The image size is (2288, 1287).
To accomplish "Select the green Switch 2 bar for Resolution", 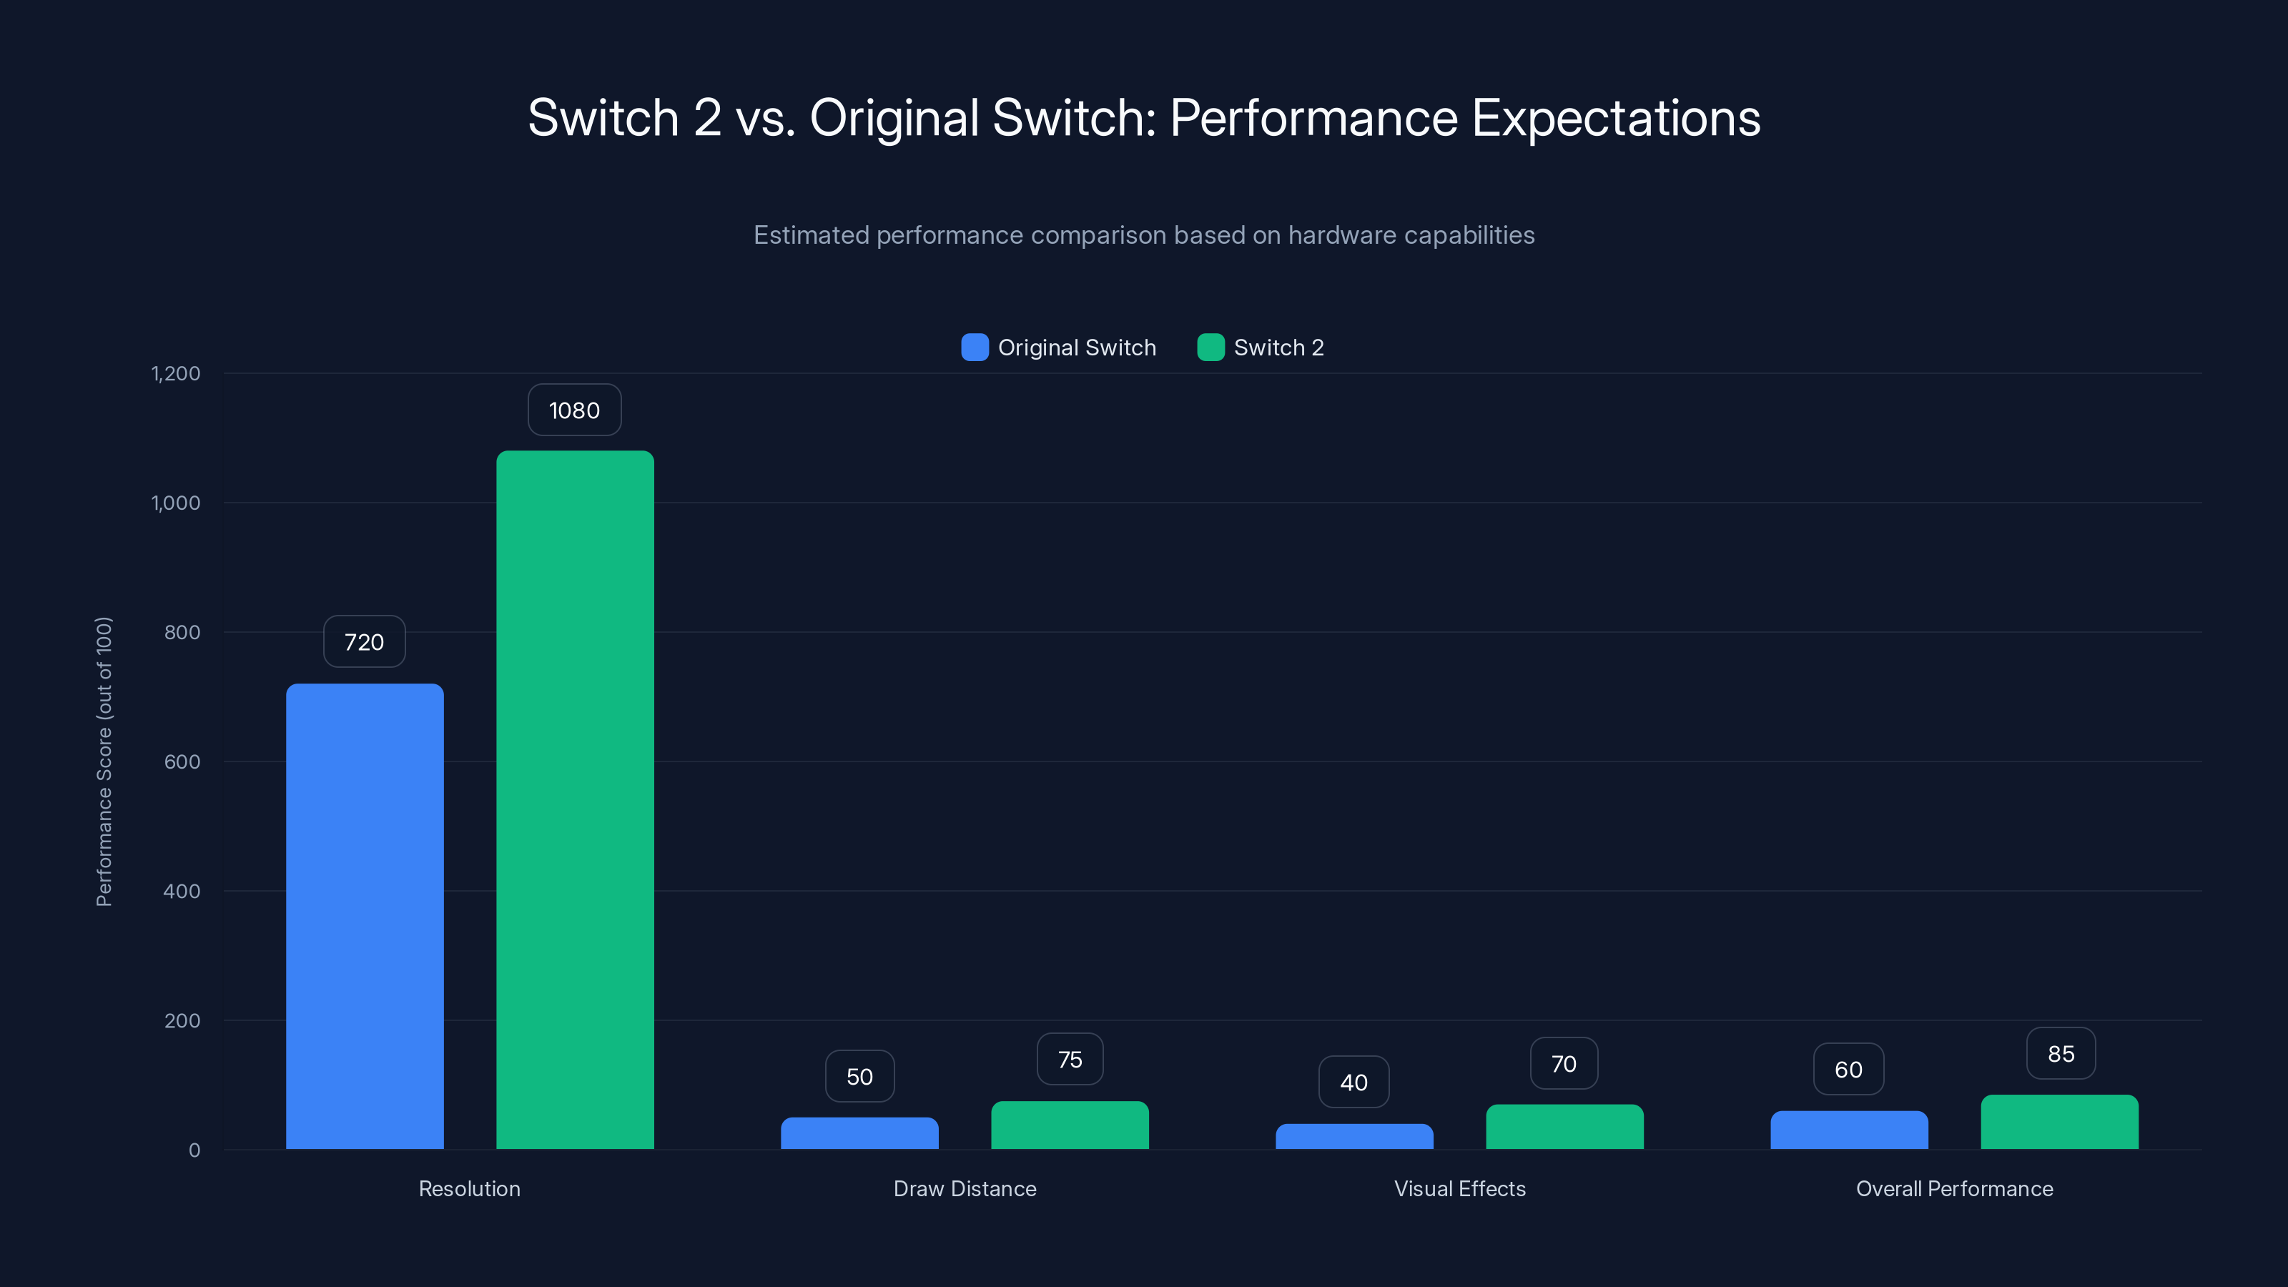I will pyautogui.click(x=575, y=799).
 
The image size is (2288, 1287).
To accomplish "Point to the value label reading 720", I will pyautogui.click(x=364, y=642).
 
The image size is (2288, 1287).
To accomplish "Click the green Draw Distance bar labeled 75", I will pyautogui.click(x=1070, y=1125).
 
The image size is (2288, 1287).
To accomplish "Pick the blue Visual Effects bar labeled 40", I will pyautogui.click(x=1353, y=1137).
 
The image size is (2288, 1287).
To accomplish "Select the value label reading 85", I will pyautogui.click(x=2061, y=1055).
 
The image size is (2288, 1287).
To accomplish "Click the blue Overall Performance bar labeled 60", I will pyautogui.click(x=1848, y=1130).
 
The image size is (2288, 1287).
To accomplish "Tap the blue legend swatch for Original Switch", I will pyautogui.click(x=975, y=347).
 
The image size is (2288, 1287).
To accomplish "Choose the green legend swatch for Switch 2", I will pyautogui.click(x=1210, y=347).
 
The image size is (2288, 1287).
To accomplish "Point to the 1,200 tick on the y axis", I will pyautogui.click(x=176, y=373).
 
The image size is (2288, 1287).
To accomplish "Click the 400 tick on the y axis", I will pyautogui.click(x=182, y=891).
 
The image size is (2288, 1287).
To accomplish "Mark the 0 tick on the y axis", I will pyautogui.click(x=194, y=1150).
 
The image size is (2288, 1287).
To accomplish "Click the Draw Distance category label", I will pyautogui.click(x=965, y=1188).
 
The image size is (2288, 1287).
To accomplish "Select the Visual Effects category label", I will pyautogui.click(x=1459, y=1188).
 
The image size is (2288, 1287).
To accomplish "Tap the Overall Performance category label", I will pyautogui.click(x=1954, y=1188).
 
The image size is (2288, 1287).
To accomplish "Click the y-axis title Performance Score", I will pyautogui.click(x=104, y=761).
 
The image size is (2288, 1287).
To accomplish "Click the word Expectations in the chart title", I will pyautogui.click(x=1616, y=118).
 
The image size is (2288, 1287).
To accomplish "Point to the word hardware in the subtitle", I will pyautogui.click(x=1341, y=235).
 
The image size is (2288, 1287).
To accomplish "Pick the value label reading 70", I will pyautogui.click(x=1563, y=1064).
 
